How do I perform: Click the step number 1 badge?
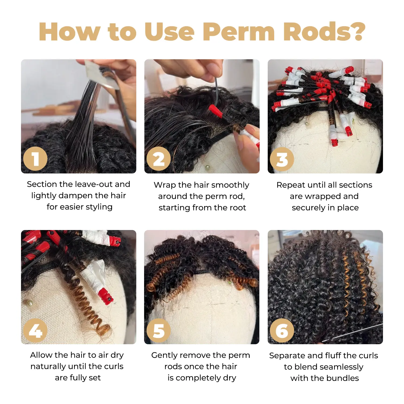[x=35, y=159]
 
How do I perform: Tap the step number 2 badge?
[x=159, y=159]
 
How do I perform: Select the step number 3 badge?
[x=282, y=159]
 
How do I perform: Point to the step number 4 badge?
[x=35, y=330]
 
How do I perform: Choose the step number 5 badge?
[x=159, y=330]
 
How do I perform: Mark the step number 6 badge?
[x=282, y=330]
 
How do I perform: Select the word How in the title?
[x=69, y=31]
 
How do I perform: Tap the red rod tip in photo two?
[x=215, y=111]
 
